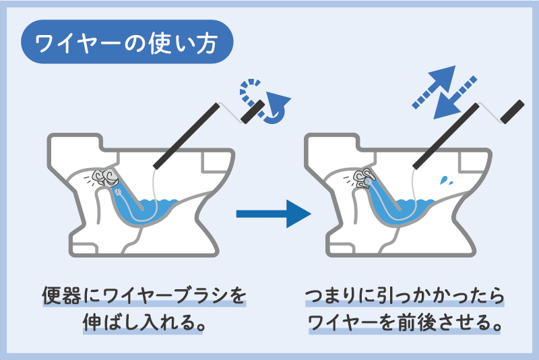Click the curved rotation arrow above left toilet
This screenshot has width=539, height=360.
coord(267,101)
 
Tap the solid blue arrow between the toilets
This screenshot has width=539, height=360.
coord(272,214)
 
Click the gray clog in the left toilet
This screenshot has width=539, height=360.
coord(106,177)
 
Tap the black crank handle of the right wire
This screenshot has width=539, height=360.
coord(512,111)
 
